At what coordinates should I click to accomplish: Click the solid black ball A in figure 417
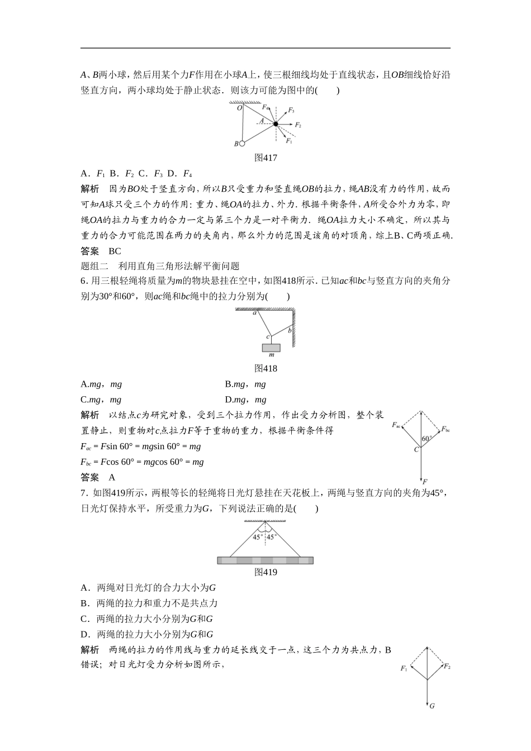[x=276, y=124]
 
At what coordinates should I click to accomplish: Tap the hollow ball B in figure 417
[x=241, y=144]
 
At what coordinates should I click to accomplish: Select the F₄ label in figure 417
[x=265, y=106]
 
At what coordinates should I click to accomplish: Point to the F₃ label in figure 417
[x=291, y=110]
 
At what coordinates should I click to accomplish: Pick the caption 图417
[x=265, y=158]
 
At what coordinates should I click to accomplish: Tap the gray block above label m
[x=271, y=348]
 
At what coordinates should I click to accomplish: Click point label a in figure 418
[x=254, y=313]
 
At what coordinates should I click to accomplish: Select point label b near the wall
[x=290, y=330]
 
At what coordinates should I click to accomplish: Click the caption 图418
[x=265, y=368]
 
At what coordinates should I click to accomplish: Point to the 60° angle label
[x=427, y=439]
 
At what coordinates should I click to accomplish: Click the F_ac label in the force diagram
[x=397, y=425]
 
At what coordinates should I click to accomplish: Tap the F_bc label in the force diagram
[x=445, y=429]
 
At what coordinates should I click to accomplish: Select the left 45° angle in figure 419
[x=257, y=537]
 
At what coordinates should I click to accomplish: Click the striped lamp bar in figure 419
[x=265, y=560]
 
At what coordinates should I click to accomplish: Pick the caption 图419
[x=265, y=572]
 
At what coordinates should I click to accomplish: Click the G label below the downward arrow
[x=432, y=706]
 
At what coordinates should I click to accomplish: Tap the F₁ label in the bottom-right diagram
[x=404, y=668]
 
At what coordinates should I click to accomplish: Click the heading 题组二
[x=93, y=266]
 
